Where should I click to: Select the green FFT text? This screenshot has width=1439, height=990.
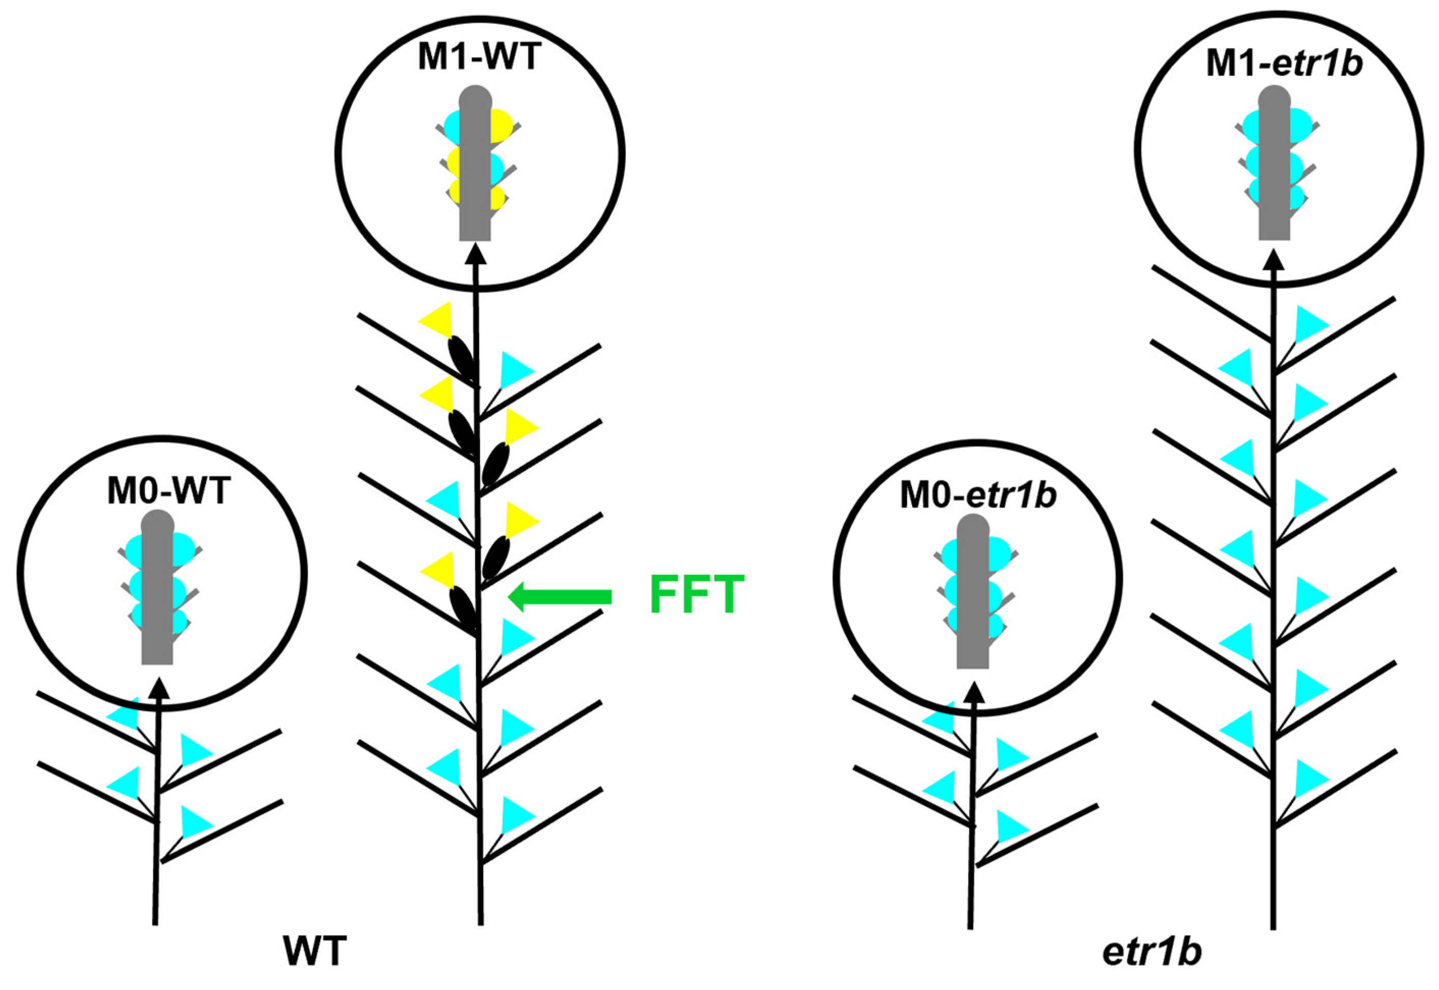pyautogui.click(x=697, y=595)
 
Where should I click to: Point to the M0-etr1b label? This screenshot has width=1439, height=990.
pyautogui.click(x=978, y=496)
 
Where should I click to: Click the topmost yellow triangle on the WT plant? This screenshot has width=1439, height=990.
pyautogui.click(x=437, y=320)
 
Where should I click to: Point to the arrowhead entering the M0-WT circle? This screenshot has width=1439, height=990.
pyautogui.click(x=160, y=688)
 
